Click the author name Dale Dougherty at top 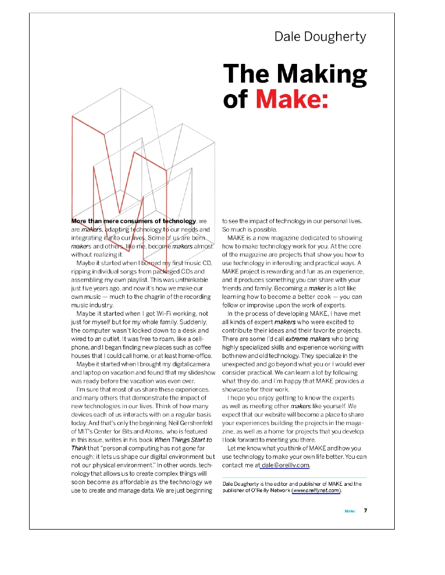(320, 36)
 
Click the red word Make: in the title (292, 99)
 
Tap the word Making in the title (322, 73)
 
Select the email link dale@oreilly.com (285, 465)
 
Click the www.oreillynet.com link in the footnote (316, 491)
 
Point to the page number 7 (365, 511)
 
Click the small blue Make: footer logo (350, 511)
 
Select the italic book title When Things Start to (183, 439)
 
